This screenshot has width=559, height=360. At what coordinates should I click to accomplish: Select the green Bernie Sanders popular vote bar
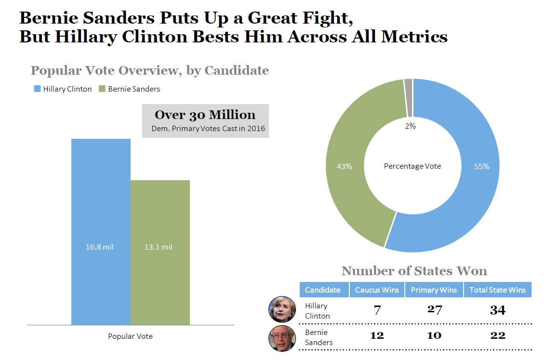click(x=160, y=217)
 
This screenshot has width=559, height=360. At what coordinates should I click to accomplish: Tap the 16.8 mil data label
click(x=100, y=247)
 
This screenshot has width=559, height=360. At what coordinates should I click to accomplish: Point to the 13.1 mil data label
click(x=159, y=247)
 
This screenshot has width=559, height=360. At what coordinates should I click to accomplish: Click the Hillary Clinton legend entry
click(x=63, y=89)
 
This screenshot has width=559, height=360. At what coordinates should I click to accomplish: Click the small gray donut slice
click(x=408, y=98)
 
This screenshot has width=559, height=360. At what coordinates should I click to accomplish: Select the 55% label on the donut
click(x=481, y=166)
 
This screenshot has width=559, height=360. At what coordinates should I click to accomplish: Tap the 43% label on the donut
click(x=344, y=166)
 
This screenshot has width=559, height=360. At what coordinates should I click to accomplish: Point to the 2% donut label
click(x=410, y=126)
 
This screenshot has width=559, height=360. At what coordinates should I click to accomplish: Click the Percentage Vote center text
click(x=413, y=166)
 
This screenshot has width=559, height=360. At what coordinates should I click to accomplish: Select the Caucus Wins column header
click(x=377, y=290)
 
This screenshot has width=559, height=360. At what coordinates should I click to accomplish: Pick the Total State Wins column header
click(x=497, y=290)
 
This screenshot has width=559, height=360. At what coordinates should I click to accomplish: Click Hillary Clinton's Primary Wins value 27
click(x=434, y=309)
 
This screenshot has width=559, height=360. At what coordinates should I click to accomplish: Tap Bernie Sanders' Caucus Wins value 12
click(x=377, y=335)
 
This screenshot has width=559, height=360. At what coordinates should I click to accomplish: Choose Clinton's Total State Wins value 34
click(x=497, y=310)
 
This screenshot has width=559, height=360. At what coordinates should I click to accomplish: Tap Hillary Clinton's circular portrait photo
click(x=282, y=309)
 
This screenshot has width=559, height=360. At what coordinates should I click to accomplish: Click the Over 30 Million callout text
click(x=205, y=115)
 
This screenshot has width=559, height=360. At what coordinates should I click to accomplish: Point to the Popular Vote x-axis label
click(x=130, y=336)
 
